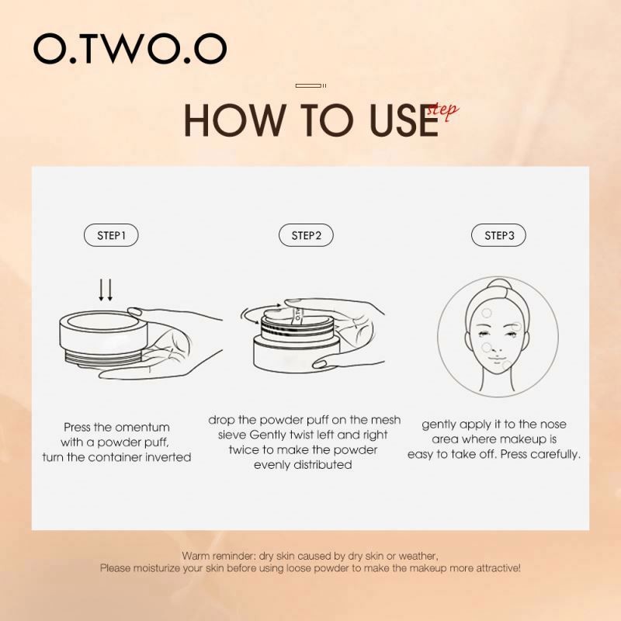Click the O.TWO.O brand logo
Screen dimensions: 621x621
(x=130, y=49)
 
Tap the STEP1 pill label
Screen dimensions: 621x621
(x=112, y=235)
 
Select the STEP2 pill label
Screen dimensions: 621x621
(x=307, y=235)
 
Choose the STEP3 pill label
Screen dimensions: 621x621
(x=499, y=235)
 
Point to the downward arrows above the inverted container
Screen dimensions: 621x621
(x=106, y=290)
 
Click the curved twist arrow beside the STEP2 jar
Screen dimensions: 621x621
(x=250, y=315)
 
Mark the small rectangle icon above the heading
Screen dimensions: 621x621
(x=310, y=85)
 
